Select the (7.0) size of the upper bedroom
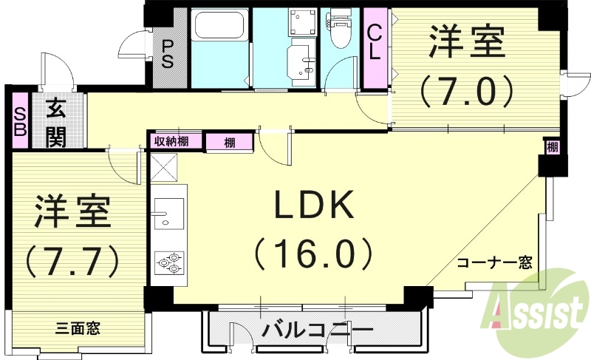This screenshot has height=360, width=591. pyautogui.click(x=467, y=92)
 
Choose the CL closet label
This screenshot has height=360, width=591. pyautogui.click(x=375, y=43)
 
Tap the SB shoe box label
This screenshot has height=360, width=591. pyautogui.click(x=19, y=118)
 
